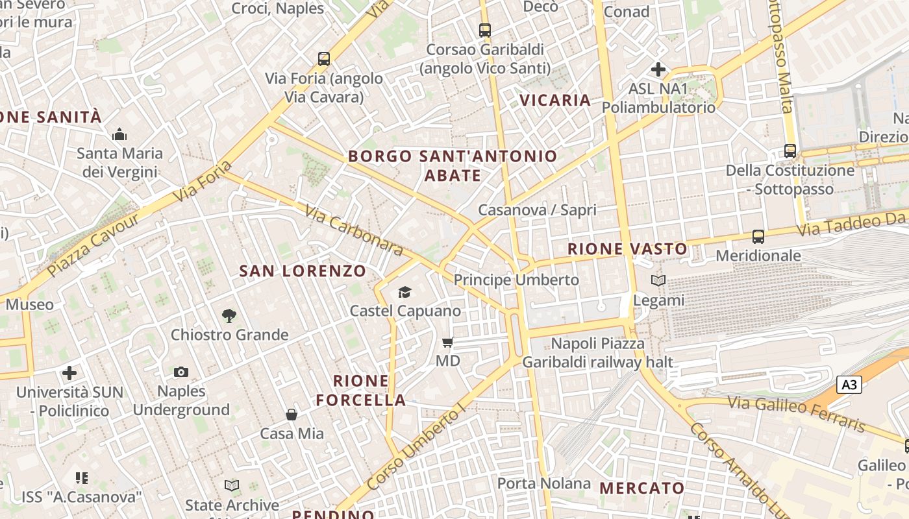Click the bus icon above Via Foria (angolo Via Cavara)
[324, 59]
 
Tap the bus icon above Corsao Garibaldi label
[485, 30]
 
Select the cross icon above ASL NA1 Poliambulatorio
[658, 69]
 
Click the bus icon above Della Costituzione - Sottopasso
[790, 151]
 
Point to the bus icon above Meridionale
[758, 237]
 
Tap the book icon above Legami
[658, 281]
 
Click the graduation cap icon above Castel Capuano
[405, 292]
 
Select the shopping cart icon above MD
[447, 342]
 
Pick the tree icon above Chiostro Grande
[229, 316]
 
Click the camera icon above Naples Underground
[181, 372]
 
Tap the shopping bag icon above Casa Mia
[292, 414]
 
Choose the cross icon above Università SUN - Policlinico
[69, 373]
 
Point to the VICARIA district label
[555, 100]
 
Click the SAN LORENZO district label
[303, 271]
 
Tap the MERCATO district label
[641, 488]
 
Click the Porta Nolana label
[535, 483]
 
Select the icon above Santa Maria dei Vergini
[119, 135]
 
